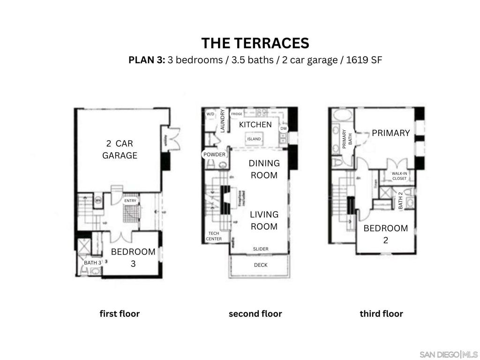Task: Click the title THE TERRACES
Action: pyautogui.click(x=255, y=43)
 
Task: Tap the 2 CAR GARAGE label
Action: pyautogui.click(x=120, y=149)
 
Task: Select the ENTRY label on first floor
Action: pyautogui.click(x=130, y=201)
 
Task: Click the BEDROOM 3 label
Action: pyautogui.click(x=133, y=257)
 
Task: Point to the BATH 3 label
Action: pyautogui.click(x=92, y=263)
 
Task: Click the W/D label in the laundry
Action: pyautogui.click(x=210, y=114)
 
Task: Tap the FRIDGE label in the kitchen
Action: pyautogui.click(x=237, y=114)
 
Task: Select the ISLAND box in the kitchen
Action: pyautogui.click(x=254, y=139)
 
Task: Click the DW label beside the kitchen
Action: pyautogui.click(x=283, y=128)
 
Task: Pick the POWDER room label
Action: pyautogui.click(x=214, y=155)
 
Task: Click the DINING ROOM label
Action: pyautogui.click(x=263, y=169)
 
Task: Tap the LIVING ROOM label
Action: pyautogui.click(x=263, y=220)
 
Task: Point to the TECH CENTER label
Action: pyautogui.click(x=214, y=236)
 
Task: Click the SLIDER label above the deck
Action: pyautogui.click(x=261, y=249)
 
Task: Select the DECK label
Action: pyautogui.click(x=261, y=265)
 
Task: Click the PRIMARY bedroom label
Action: pyautogui.click(x=390, y=133)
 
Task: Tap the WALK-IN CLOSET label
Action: pyautogui.click(x=399, y=176)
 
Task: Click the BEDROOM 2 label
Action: pyautogui.click(x=385, y=234)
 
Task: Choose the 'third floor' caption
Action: pyautogui.click(x=381, y=314)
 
